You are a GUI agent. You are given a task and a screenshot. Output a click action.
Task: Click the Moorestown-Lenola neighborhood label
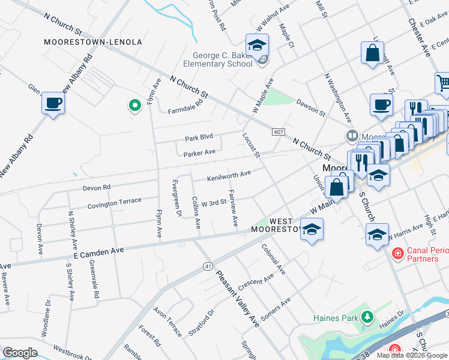[x=93, y=42]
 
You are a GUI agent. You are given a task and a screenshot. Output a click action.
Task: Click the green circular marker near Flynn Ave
[x=135, y=106]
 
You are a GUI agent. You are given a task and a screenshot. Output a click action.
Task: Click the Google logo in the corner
[x=20, y=353]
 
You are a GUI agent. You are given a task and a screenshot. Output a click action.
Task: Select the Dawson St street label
[x=310, y=108]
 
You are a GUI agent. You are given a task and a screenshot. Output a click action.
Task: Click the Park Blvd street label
[x=199, y=137]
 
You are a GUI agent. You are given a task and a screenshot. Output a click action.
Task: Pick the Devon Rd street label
[x=97, y=188]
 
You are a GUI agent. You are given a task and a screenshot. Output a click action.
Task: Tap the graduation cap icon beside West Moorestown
[x=312, y=230]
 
